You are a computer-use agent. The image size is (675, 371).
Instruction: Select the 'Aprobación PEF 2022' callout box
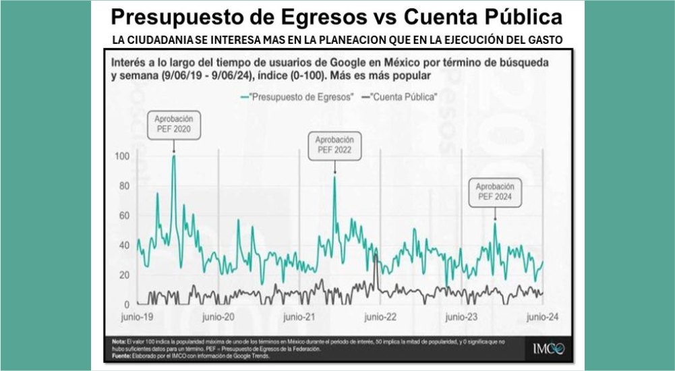(x=334, y=146)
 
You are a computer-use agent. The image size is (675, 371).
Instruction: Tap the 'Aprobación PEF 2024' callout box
(x=494, y=191)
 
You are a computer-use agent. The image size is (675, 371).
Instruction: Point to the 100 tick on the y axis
(x=122, y=156)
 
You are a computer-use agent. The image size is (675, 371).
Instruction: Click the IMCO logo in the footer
(x=548, y=349)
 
